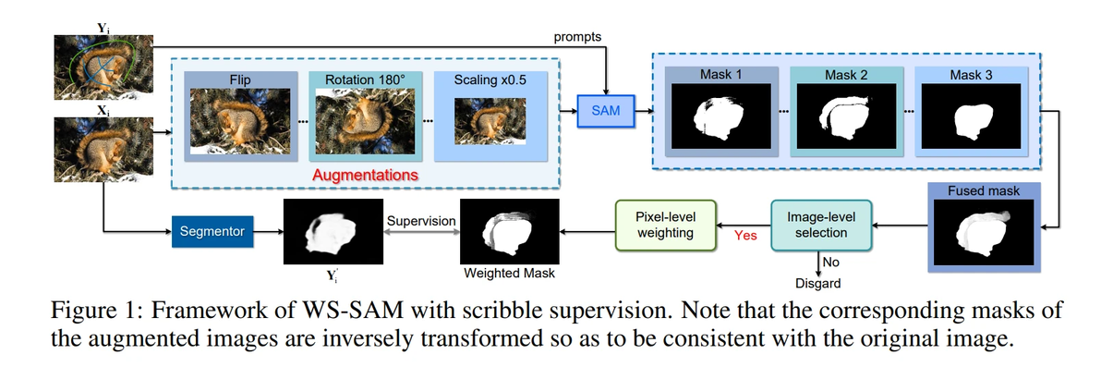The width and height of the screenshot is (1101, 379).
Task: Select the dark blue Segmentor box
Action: [x=212, y=231]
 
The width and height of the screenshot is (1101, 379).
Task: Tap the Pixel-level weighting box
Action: [x=665, y=226]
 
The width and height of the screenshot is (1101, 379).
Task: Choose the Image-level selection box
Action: [x=820, y=226]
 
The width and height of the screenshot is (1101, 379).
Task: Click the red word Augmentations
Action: [x=365, y=174]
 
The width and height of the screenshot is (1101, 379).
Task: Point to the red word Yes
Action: [x=744, y=235]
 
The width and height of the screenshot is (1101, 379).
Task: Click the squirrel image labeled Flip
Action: [x=239, y=121]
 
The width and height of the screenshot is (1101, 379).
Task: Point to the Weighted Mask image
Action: [x=509, y=232]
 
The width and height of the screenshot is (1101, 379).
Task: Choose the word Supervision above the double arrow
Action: [x=421, y=222]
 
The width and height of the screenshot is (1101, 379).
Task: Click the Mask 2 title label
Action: [x=851, y=74]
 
